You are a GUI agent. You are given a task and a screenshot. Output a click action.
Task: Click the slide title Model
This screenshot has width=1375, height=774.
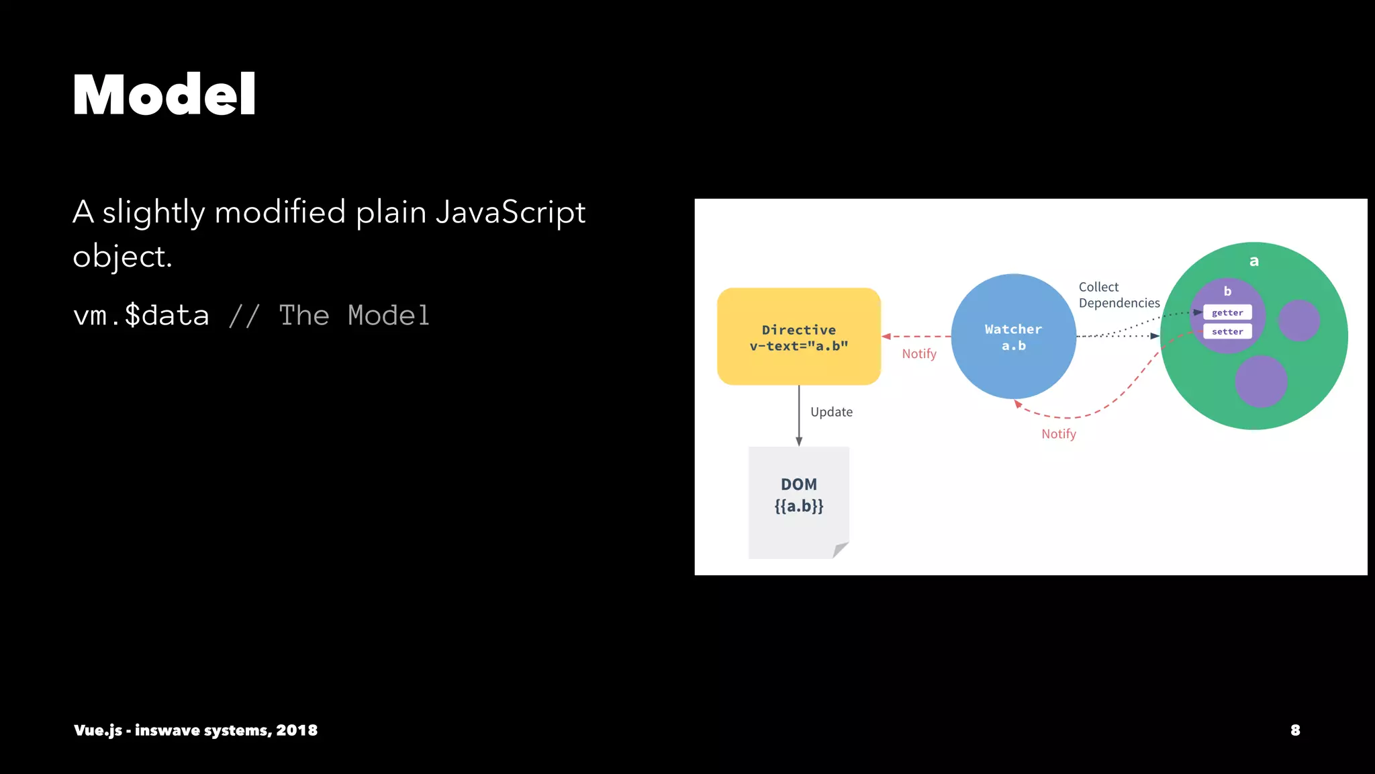(164, 95)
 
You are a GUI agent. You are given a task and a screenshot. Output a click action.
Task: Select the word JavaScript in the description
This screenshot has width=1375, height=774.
(510, 212)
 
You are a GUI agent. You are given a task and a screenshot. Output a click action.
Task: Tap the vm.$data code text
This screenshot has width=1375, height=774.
(141, 315)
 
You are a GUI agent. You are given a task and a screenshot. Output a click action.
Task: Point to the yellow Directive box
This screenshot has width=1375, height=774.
(798, 337)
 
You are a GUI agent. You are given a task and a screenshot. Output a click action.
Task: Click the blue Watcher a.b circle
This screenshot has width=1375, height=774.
(1013, 337)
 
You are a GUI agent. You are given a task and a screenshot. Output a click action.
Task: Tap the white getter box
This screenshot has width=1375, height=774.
(1227, 312)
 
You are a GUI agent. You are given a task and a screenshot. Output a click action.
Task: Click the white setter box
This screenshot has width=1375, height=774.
(1227, 331)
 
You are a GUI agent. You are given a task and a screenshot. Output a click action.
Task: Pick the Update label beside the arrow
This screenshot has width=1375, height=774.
(831, 412)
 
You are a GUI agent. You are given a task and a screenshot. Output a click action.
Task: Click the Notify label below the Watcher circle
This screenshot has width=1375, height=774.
(1059, 434)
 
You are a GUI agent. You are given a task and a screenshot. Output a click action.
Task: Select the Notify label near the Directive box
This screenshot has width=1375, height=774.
(918, 354)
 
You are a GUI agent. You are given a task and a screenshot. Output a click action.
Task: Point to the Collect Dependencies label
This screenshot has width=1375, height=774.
(1119, 295)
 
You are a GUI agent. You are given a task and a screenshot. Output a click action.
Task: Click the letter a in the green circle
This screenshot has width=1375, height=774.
(1253, 261)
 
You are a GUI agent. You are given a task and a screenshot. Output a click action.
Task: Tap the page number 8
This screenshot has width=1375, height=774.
(1295, 730)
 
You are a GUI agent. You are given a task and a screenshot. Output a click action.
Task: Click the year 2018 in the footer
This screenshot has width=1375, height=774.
(297, 730)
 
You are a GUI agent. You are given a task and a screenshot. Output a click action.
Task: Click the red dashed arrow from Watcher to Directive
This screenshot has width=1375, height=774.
(916, 336)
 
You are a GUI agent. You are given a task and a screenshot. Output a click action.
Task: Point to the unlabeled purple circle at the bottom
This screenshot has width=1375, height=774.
(1261, 381)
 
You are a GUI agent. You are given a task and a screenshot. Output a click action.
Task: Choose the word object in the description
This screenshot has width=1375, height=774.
(122, 257)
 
